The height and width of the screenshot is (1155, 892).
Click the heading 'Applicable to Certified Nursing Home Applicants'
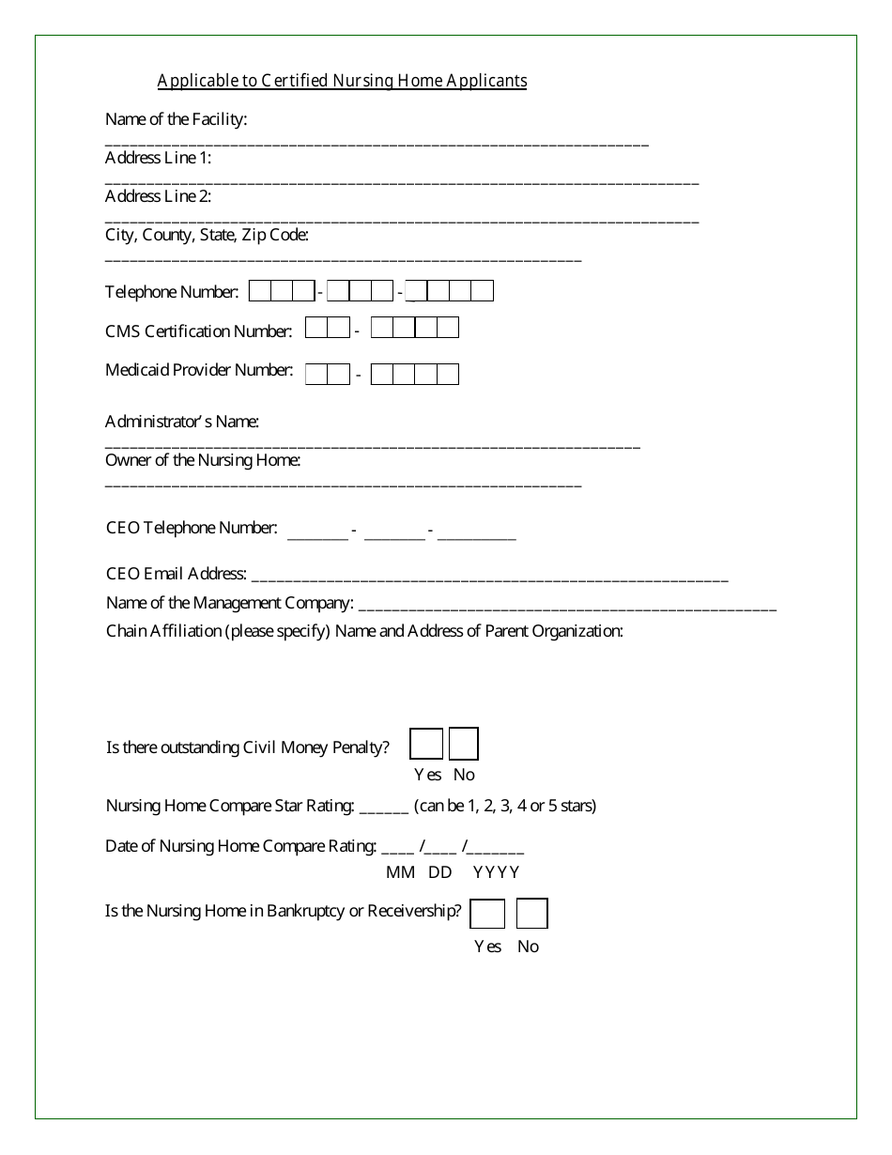[x=342, y=81]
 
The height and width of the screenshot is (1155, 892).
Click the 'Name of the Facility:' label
[x=177, y=119]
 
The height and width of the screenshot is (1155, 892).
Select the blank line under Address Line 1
[x=402, y=181]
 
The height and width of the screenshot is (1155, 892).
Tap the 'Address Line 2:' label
[x=158, y=196]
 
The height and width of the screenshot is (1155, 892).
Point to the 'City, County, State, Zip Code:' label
[x=207, y=235]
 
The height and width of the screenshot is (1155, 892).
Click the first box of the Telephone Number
[x=260, y=291]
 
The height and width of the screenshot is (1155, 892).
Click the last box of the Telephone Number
[x=482, y=291]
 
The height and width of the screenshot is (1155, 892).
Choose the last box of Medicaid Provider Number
[x=448, y=375]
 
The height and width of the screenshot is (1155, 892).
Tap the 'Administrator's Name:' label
[x=182, y=422]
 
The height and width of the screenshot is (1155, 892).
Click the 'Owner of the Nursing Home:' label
[x=203, y=460]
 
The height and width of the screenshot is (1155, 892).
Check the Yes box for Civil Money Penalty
[x=426, y=744]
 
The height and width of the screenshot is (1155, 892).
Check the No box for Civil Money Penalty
[x=464, y=744]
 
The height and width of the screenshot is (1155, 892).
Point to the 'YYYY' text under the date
[x=496, y=872]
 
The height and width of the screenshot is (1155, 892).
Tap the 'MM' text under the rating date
[x=400, y=872]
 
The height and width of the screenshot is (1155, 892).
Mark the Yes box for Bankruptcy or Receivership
[x=487, y=914]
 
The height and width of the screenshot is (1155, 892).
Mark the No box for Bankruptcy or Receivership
[x=531, y=914]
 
